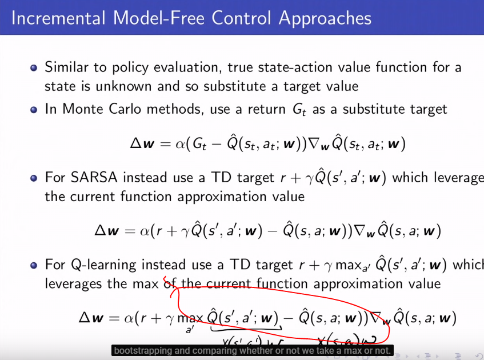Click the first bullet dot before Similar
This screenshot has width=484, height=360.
click(x=34, y=67)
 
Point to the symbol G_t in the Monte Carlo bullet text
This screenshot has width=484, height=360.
click(x=299, y=109)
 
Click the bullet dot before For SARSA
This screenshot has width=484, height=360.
click(x=34, y=178)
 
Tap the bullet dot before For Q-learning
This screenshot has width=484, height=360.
click(x=34, y=265)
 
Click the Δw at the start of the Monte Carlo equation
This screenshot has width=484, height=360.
click(x=142, y=144)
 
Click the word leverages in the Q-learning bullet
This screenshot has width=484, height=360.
click(x=71, y=283)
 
